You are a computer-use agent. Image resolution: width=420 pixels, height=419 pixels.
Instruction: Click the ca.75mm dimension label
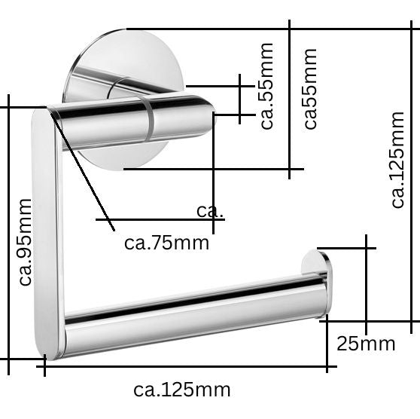(166, 243)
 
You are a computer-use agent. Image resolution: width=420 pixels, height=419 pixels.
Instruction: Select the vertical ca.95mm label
(25, 242)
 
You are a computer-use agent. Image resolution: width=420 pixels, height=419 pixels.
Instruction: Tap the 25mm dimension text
(365, 344)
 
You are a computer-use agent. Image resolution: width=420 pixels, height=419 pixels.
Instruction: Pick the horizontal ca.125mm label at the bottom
(181, 390)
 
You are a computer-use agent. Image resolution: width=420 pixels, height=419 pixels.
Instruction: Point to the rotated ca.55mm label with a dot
(266, 86)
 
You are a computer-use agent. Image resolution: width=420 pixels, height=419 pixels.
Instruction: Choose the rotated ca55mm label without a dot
(309, 89)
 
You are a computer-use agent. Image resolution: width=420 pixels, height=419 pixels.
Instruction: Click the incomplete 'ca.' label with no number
(209, 210)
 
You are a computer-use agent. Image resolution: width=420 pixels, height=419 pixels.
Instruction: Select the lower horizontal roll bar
(196, 317)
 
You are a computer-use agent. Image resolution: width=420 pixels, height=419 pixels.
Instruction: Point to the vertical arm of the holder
(47, 226)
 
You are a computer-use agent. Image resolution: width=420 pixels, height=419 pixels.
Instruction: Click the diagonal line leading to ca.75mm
(83, 170)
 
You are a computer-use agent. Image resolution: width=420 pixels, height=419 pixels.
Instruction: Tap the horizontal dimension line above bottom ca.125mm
(188, 367)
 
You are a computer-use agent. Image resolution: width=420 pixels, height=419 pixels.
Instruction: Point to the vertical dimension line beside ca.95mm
(8, 234)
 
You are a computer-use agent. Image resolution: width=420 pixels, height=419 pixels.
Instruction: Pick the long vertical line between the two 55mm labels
(289, 98)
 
